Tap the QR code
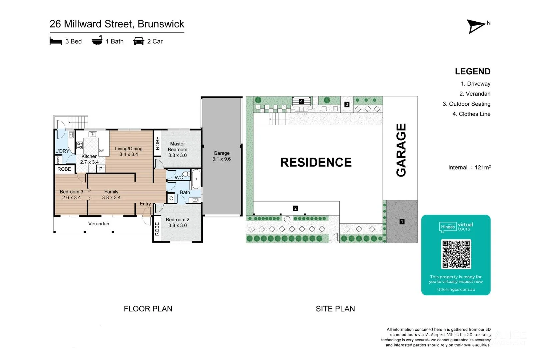click(x=456, y=254)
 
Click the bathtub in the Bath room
click(x=196, y=179)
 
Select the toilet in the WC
click(x=186, y=174)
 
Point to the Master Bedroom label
click(x=177, y=147)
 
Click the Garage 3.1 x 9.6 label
click(x=222, y=156)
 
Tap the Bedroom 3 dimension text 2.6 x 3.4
click(x=71, y=198)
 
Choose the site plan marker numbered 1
click(x=402, y=221)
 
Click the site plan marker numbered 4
click(x=301, y=101)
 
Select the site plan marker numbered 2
click(x=295, y=208)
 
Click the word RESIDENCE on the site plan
click(x=316, y=162)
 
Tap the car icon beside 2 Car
click(x=139, y=41)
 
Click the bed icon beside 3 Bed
click(x=56, y=41)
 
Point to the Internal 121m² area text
click(x=469, y=168)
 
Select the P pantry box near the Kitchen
click(x=101, y=169)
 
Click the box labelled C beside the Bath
click(x=171, y=198)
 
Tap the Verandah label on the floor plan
click(x=99, y=224)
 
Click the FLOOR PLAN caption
click(x=148, y=309)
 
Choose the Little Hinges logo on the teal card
click(x=448, y=227)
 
